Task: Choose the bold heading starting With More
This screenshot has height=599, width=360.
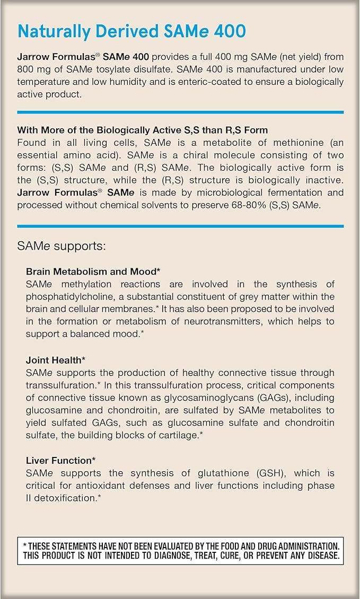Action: pos(142,130)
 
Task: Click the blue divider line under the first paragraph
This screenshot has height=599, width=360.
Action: pos(180,112)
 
